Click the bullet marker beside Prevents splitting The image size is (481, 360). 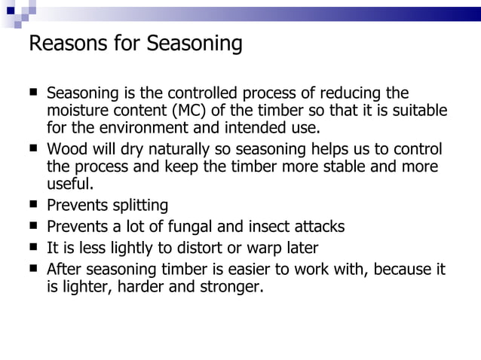pyautogui.click(x=33, y=204)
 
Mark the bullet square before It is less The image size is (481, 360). pyautogui.click(x=33, y=246)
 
